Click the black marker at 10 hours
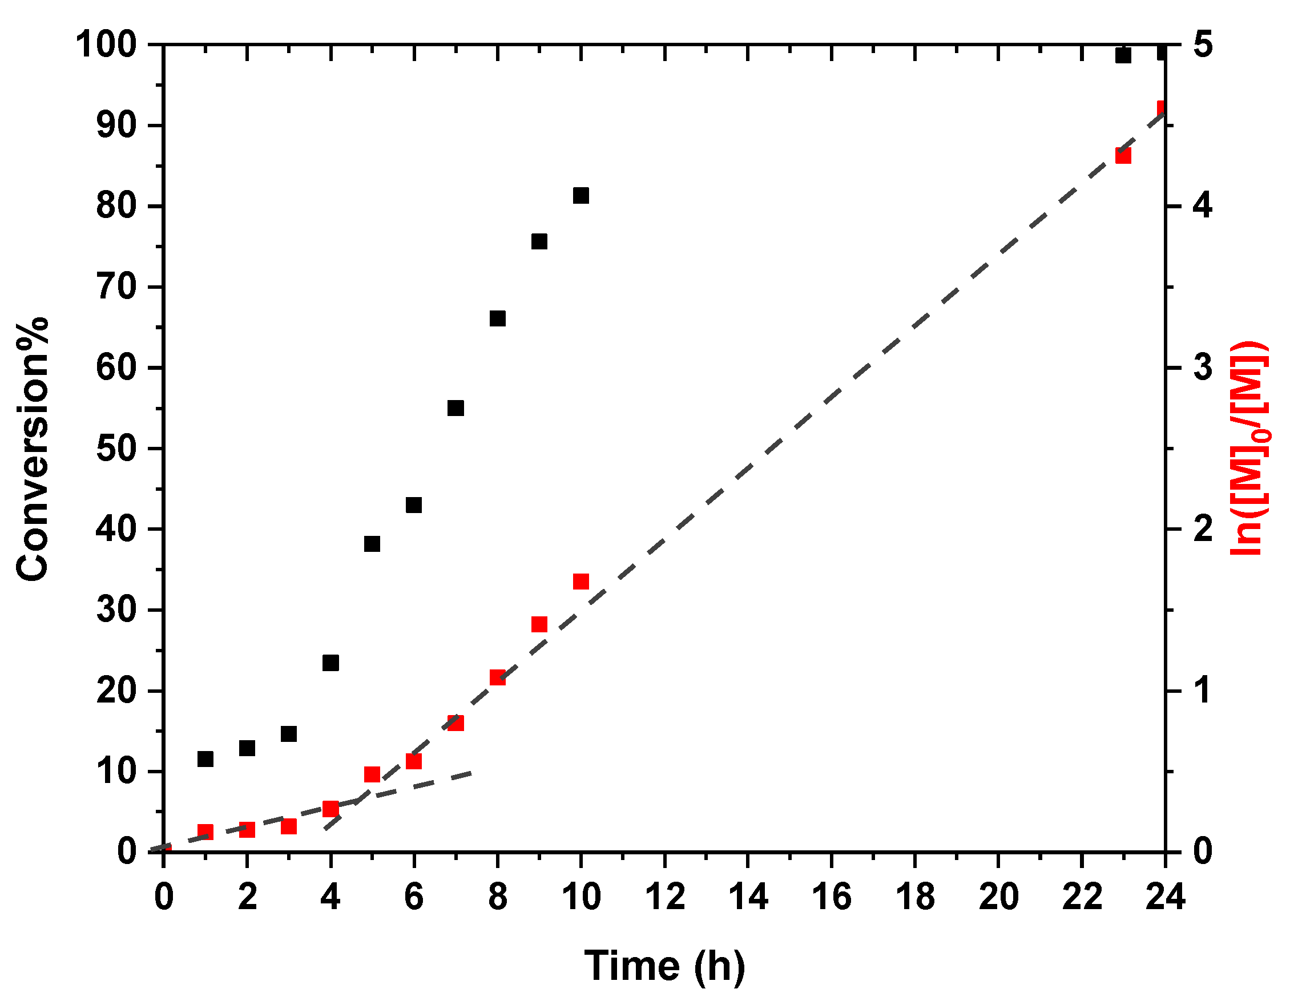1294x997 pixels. [581, 195]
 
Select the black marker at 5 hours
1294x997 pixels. [372, 544]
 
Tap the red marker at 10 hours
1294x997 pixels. [581, 582]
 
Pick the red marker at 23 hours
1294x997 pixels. [1123, 156]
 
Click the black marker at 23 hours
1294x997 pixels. [1123, 56]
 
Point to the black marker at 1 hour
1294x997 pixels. [205, 759]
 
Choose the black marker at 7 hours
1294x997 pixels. [455, 408]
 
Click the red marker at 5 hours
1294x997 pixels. [372, 775]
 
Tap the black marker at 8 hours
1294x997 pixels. [498, 318]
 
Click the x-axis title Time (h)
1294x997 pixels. [664, 967]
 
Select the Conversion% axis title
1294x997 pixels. [32, 449]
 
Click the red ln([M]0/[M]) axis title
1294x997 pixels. [1249, 449]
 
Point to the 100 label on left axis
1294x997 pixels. [106, 45]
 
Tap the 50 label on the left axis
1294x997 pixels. [115, 449]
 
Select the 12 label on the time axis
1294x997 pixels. [665, 897]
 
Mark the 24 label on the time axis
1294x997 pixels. [1165, 897]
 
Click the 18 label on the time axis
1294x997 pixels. [915, 897]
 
